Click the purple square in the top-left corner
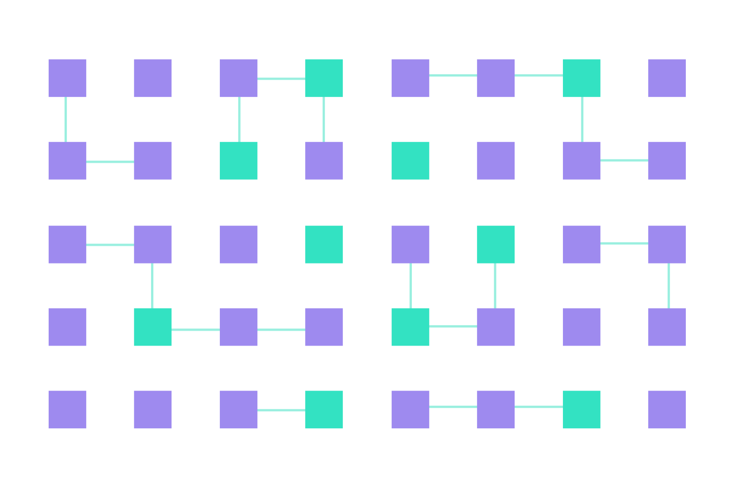67,78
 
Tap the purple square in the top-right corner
667,78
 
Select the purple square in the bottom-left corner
67,409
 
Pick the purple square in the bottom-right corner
667,409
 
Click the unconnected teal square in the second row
410,160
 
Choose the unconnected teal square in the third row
324,244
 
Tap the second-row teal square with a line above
238,160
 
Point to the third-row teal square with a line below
496,244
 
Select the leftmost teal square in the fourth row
153,327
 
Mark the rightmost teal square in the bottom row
582,409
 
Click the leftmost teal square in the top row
324,78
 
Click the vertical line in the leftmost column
66,119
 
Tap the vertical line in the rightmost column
669,286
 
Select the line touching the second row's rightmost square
624,160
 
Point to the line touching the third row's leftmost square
110,245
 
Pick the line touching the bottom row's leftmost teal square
281,410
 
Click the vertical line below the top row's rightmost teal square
582,119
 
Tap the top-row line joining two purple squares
453,75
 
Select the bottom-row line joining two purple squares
453,407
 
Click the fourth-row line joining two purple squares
281,330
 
